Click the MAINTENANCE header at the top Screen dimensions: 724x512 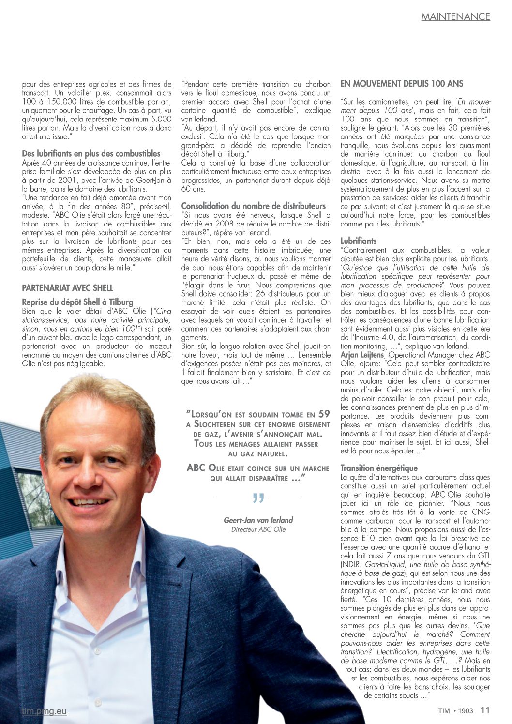coord(455,16)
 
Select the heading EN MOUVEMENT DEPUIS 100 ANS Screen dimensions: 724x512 coord(402,84)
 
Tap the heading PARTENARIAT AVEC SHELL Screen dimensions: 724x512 coord(67,288)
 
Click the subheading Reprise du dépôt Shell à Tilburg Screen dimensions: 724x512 coord(77,302)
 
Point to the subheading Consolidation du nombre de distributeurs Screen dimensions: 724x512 coord(254,206)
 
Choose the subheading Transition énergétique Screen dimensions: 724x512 coord(379,468)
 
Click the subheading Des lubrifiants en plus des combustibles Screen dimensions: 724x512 coord(91,154)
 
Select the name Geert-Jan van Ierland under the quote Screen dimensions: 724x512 coord(258,520)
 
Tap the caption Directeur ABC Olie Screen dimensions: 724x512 coord(258,529)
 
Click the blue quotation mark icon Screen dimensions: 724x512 coord(258,498)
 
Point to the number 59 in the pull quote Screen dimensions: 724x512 coord(324,414)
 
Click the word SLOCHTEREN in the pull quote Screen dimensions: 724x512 coord(219,424)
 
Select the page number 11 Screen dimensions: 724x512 coord(485,710)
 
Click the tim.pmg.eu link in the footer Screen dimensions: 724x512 coord(44,711)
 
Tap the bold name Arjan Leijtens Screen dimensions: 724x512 coord(361,355)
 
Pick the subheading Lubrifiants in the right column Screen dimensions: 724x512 coord(358,241)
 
